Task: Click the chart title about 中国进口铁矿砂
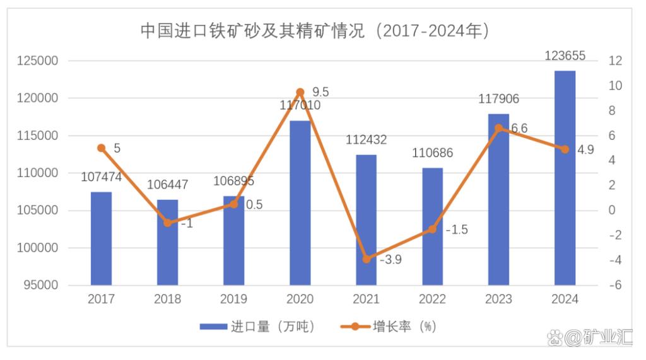(x=315, y=31)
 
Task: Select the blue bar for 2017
(x=101, y=238)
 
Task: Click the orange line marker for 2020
(x=300, y=92)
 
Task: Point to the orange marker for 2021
(x=366, y=259)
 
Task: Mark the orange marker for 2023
(x=498, y=128)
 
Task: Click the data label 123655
(x=565, y=56)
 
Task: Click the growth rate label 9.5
(x=320, y=92)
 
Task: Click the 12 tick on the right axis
(x=615, y=61)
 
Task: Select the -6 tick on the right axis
(x=615, y=286)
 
